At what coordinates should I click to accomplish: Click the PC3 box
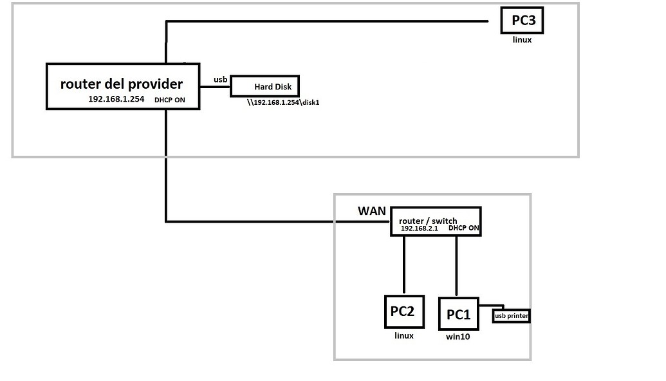(x=523, y=21)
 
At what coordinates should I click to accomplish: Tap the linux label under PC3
(x=523, y=40)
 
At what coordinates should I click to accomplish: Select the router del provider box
(x=122, y=86)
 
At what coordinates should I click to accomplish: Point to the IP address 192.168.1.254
(x=116, y=99)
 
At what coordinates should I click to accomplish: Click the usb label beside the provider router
(x=221, y=80)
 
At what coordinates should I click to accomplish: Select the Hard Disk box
(x=264, y=86)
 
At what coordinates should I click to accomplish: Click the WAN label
(x=371, y=211)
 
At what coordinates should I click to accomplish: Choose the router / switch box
(x=436, y=221)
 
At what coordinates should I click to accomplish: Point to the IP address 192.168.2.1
(x=419, y=228)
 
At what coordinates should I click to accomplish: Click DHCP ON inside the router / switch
(x=464, y=228)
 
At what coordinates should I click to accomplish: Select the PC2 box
(x=403, y=311)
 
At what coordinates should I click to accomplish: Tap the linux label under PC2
(x=403, y=336)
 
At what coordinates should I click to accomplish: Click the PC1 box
(x=459, y=314)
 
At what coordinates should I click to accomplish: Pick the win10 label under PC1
(x=458, y=336)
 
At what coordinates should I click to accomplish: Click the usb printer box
(x=512, y=316)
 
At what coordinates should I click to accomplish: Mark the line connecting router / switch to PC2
(x=403, y=265)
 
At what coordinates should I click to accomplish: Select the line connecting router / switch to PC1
(x=456, y=265)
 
